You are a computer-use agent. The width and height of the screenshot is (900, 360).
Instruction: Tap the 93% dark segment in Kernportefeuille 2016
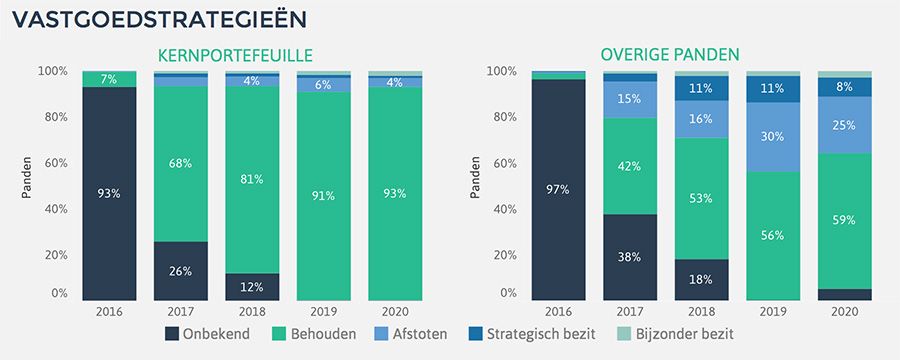109,193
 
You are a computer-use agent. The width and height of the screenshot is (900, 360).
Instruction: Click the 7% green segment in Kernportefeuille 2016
109,79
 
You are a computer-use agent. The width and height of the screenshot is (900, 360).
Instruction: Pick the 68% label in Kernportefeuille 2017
181,164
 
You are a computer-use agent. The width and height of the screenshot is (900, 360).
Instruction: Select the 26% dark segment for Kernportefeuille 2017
181,271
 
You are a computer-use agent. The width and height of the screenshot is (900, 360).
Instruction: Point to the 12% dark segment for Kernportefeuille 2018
253,287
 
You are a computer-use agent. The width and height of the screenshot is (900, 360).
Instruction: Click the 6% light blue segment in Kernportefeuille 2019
324,85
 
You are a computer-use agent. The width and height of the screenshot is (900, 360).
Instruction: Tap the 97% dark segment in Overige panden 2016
558,189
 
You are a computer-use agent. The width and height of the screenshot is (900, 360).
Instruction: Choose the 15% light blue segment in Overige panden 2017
630,99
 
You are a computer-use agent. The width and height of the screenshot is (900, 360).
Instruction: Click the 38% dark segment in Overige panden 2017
630,257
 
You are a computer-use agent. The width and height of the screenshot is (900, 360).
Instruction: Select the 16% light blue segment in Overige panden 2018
701,119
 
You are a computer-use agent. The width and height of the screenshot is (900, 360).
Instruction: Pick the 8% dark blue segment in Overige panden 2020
844,87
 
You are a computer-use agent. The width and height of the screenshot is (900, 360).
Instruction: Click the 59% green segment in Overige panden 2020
844,221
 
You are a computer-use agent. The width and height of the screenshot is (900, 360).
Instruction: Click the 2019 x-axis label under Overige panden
773,312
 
